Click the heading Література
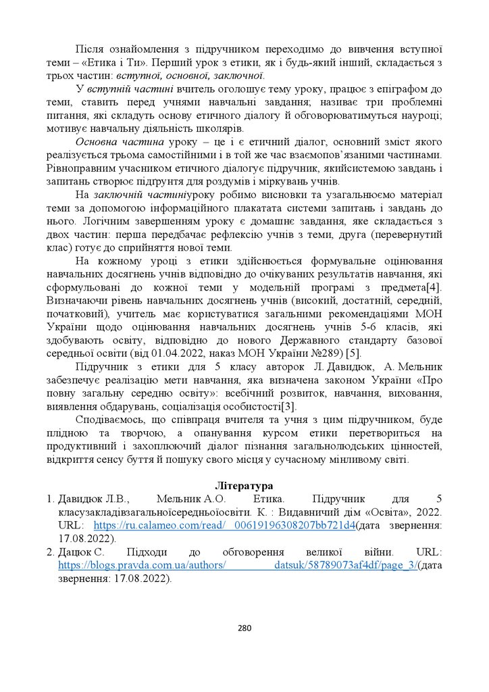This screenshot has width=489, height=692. (244, 485)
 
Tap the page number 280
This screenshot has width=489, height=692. (244, 628)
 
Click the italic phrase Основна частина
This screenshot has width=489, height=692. (120, 143)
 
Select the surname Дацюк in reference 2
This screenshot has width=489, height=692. (78, 551)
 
